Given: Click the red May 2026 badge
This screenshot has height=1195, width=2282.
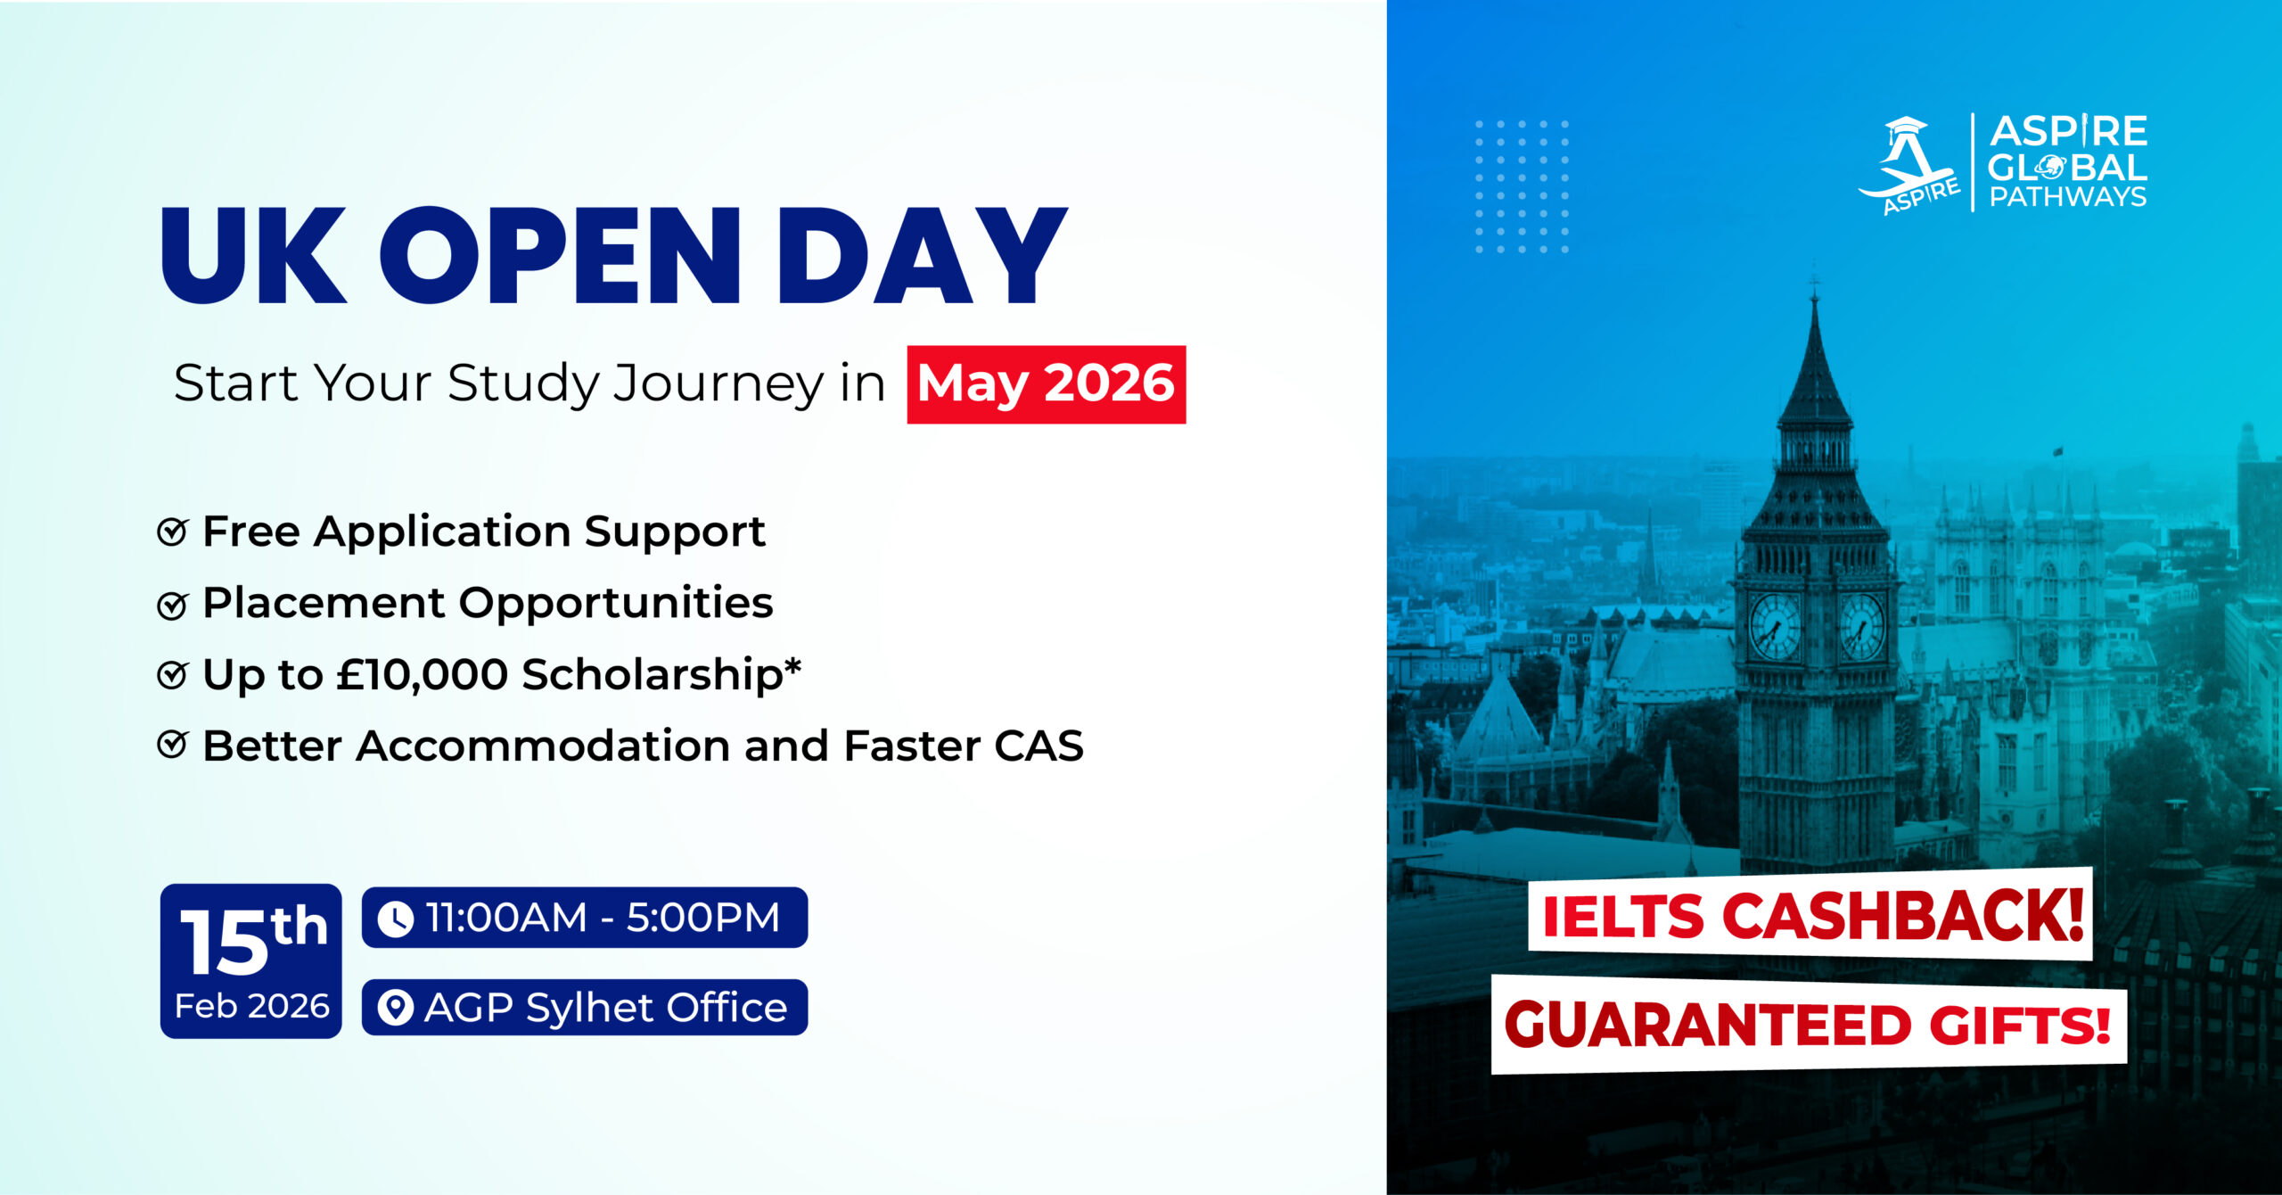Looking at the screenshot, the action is point(1047,384).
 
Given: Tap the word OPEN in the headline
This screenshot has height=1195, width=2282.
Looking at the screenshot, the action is point(561,256).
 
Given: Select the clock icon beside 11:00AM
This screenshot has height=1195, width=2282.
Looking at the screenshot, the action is point(395,919).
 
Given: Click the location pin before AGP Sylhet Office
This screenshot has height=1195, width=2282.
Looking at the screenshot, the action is point(395,1008).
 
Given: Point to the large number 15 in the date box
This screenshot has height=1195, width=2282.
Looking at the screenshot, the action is point(224,942).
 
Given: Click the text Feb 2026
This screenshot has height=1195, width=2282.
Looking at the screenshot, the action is point(252,1006).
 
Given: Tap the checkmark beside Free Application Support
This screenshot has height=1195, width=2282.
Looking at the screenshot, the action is point(172,532).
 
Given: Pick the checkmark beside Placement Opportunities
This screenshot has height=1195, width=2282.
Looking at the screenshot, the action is point(172,605).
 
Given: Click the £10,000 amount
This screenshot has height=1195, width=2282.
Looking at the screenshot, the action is point(422,674).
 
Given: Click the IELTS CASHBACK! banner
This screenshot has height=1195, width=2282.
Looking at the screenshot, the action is point(1811,914).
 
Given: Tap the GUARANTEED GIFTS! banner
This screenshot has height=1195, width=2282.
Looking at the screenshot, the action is point(1809,1025).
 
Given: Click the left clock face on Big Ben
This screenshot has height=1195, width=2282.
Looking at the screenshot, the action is point(1775,626).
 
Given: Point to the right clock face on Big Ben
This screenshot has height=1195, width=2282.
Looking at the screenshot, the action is point(1862,627).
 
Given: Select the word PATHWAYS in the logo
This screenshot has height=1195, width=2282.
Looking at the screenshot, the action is point(2068,197).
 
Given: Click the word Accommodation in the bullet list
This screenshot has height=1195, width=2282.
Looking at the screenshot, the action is point(543,746).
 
